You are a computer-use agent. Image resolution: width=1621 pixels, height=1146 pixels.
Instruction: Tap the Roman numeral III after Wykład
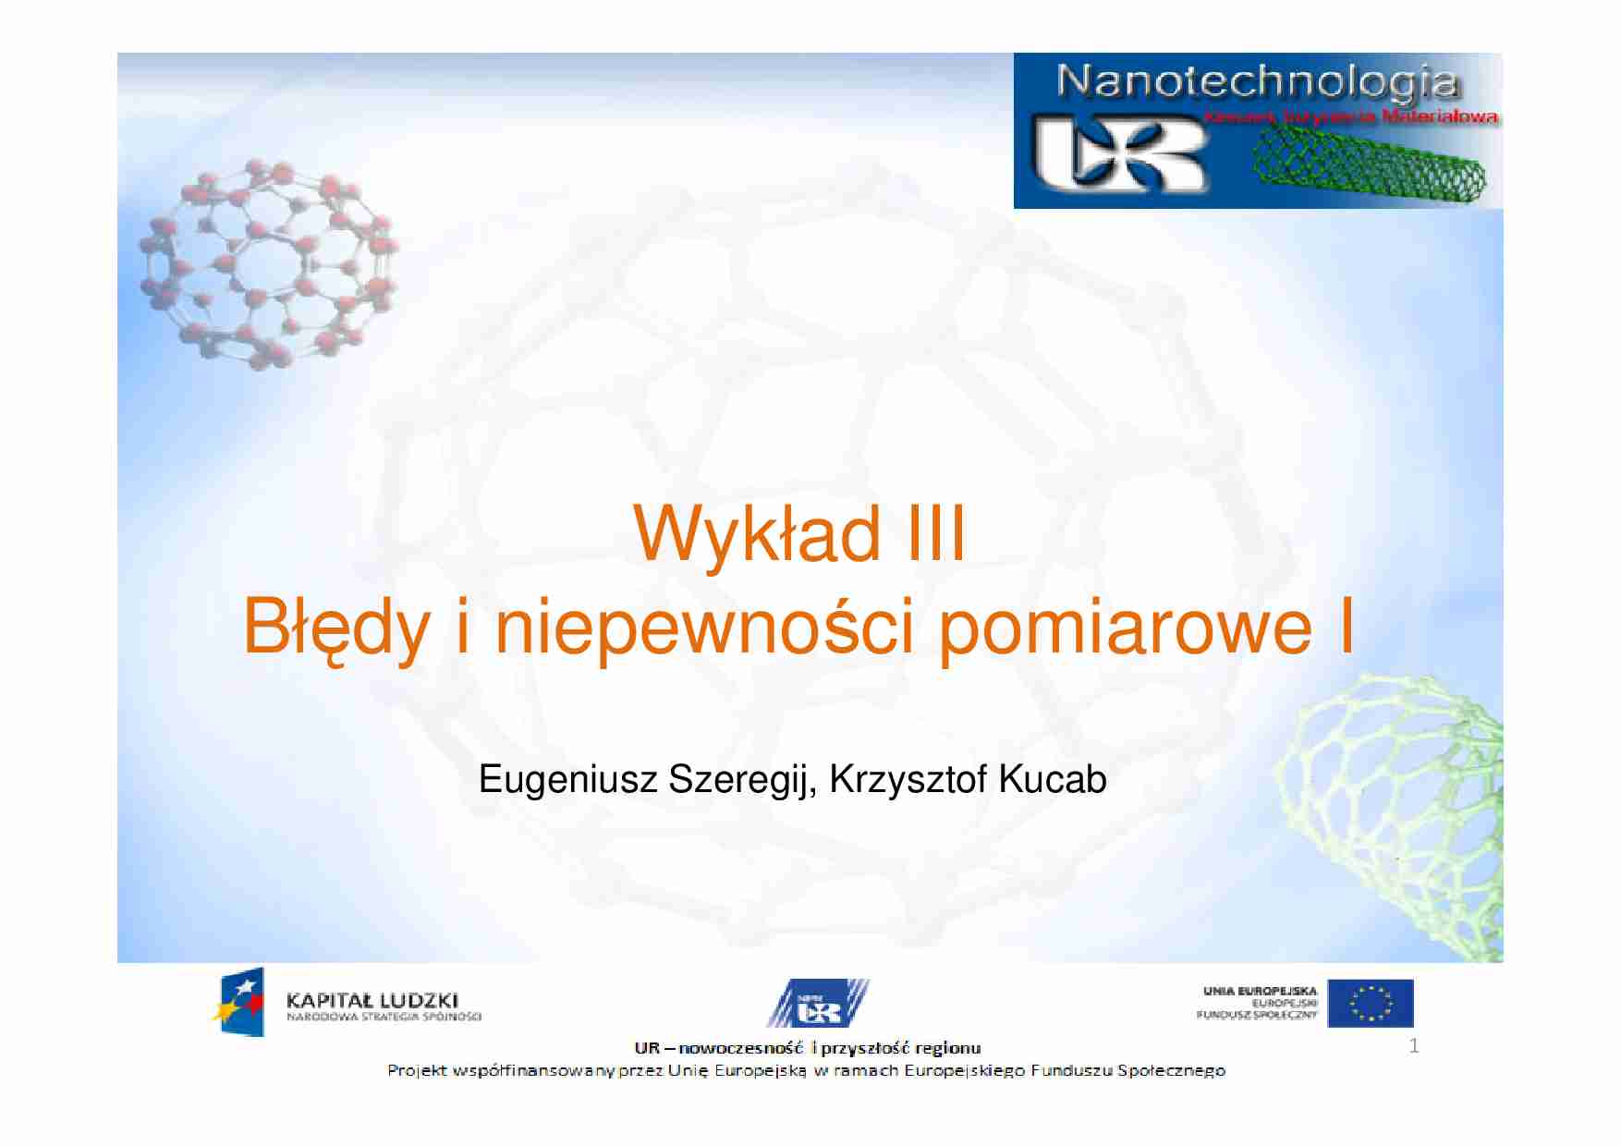pyautogui.click(x=935, y=534)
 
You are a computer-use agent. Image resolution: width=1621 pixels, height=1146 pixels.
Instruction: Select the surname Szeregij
pyautogui.click(x=740, y=780)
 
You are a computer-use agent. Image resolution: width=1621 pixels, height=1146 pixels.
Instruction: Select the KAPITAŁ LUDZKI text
pyautogui.click(x=372, y=1000)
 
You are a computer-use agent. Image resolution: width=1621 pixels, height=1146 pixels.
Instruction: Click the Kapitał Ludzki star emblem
pyautogui.click(x=240, y=1003)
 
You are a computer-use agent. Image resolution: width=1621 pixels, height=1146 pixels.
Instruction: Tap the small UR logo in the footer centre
pyautogui.click(x=817, y=1005)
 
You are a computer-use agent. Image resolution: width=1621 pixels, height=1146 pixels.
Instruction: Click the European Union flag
pyautogui.click(x=1370, y=1004)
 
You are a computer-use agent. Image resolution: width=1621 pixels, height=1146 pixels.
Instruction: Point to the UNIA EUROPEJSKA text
pyautogui.click(x=1260, y=991)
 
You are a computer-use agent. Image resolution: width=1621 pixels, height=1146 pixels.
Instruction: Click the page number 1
pyautogui.click(x=1413, y=1046)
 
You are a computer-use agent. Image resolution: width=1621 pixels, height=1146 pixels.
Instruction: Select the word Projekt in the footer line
pyautogui.click(x=417, y=1071)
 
